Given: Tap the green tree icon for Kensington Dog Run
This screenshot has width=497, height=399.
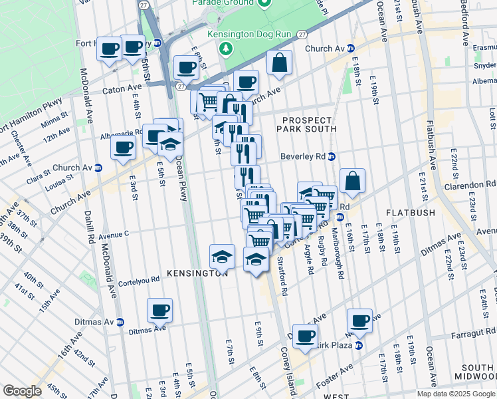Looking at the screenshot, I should pyautogui.click(x=226, y=48).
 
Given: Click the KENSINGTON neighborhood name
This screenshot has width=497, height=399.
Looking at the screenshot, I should pyautogui.click(x=197, y=273).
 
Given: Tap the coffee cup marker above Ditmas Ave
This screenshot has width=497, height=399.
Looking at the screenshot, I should pyautogui.click(x=160, y=310).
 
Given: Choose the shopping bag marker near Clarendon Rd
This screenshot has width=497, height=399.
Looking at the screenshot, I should pyautogui.click(x=352, y=181).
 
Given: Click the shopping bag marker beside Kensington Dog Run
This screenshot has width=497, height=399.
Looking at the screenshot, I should pyautogui.click(x=280, y=63).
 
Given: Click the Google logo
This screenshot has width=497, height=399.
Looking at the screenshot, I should pyautogui.click(x=23, y=390).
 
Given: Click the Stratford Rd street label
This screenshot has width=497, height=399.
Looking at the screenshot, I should pyautogui.click(x=282, y=276).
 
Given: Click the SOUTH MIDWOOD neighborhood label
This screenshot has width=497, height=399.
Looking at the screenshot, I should pyautogui.click(x=477, y=372).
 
